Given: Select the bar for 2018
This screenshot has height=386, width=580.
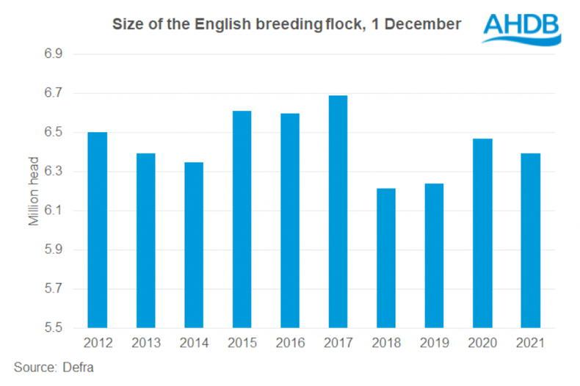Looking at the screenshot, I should pos(385,258).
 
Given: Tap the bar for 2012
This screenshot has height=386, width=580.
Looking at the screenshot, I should pos(98,230).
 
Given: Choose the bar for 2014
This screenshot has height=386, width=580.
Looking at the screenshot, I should pos(194,244).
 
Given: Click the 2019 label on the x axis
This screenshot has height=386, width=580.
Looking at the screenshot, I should pos(434,343).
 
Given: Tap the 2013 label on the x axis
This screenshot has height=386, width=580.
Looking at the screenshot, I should pos(145,343).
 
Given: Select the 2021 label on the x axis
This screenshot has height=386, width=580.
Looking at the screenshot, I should pos(529,343).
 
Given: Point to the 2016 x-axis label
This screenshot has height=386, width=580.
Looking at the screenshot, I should pos(289,343).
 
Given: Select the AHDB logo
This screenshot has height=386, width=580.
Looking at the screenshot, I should pos(521,28).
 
